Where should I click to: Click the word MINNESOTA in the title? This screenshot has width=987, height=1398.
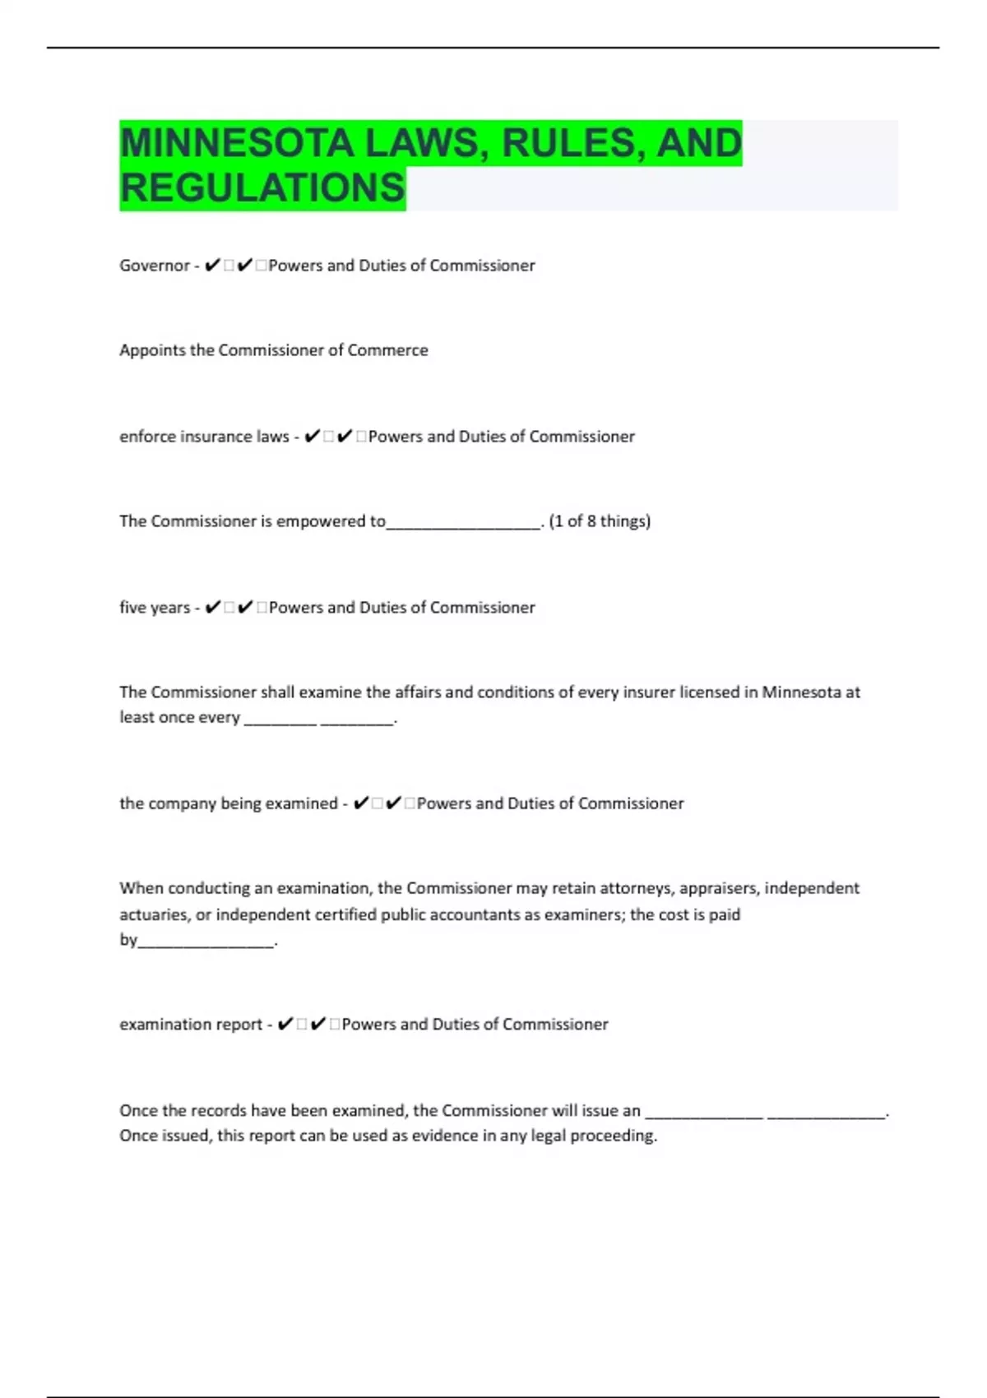237,143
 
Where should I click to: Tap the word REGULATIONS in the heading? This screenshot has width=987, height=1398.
262,187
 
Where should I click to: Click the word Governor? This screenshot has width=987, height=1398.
155,266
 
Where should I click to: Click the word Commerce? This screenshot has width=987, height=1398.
387,350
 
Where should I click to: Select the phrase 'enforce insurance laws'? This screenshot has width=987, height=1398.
204,437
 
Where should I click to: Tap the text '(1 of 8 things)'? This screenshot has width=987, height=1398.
600,521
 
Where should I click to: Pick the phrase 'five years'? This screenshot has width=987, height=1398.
155,608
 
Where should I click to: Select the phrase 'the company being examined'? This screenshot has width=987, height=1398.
229,803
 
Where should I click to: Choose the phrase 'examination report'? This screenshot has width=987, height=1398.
191,1025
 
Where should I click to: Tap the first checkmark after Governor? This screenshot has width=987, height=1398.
212,265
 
